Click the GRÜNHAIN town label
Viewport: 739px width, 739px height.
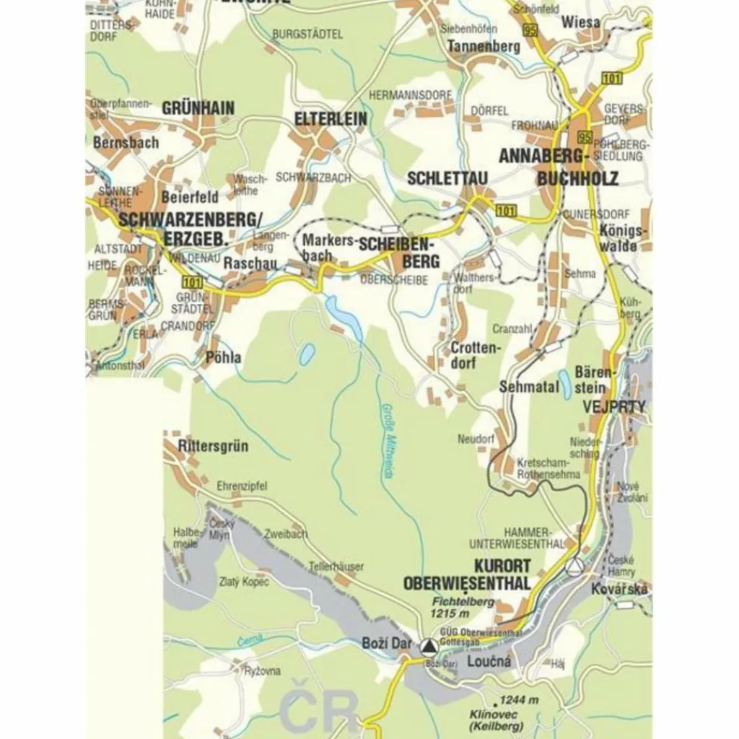click(x=198, y=108)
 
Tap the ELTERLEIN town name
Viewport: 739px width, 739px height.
click(x=331, y=119)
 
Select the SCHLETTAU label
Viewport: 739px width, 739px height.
click(x=448, y=178)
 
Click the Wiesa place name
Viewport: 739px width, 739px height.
click(x=580, y=22)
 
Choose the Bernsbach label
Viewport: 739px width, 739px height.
click(x=126, y=142)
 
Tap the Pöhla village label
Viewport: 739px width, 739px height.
click(x=223, y=357)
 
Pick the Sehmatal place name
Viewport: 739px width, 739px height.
click(x=529, y=387)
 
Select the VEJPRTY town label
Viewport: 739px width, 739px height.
click(x=615, y=406)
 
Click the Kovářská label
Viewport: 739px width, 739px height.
click(x=619, y=590)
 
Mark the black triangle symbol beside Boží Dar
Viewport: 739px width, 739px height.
click(x=429, y=647)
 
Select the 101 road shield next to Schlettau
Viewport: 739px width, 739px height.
click(x=506, y=210)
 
